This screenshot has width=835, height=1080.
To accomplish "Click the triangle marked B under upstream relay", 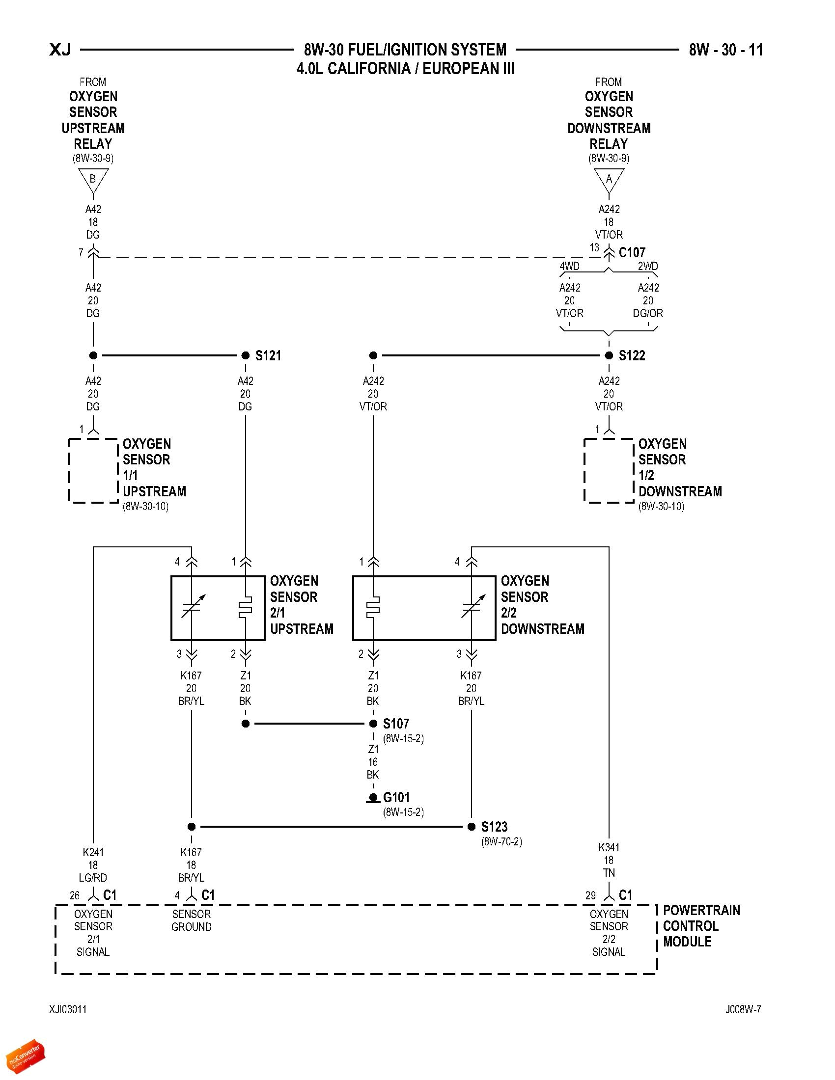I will point(93,180).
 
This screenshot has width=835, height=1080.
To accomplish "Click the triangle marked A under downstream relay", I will point(609,180).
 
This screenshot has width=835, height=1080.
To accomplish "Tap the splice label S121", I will point(268,355).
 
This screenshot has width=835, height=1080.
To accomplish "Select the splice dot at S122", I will point(609,355).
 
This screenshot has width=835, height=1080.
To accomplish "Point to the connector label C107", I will point(632,253).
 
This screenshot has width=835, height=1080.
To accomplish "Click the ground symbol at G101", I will point(373,799).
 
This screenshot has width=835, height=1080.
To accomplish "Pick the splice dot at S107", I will point(373,724).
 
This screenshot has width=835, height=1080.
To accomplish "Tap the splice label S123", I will point(494,827).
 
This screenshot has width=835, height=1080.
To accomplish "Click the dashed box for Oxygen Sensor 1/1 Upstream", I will point(93,471).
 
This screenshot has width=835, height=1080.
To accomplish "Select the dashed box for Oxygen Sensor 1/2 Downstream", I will point(609,471).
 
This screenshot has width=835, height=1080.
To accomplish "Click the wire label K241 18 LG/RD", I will point(93,865).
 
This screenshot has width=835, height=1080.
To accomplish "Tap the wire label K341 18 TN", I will point(609,860).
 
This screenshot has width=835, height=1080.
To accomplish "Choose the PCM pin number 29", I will point(590,895).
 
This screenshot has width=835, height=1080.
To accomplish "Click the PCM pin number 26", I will point(74,895).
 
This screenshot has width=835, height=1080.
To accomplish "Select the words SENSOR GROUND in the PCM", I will point(192,920).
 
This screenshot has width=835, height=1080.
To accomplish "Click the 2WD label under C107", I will point(647,266).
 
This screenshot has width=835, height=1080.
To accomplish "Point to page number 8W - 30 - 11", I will point(725,50).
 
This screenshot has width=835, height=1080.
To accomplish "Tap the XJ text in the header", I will point(60,50).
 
